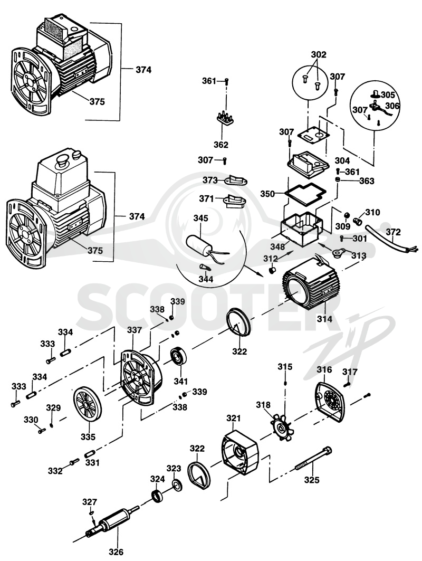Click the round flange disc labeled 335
88,406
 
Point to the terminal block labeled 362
224,118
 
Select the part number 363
367,180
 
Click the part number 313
359,255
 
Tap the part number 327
90,502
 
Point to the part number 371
206,198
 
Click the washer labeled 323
177,485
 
